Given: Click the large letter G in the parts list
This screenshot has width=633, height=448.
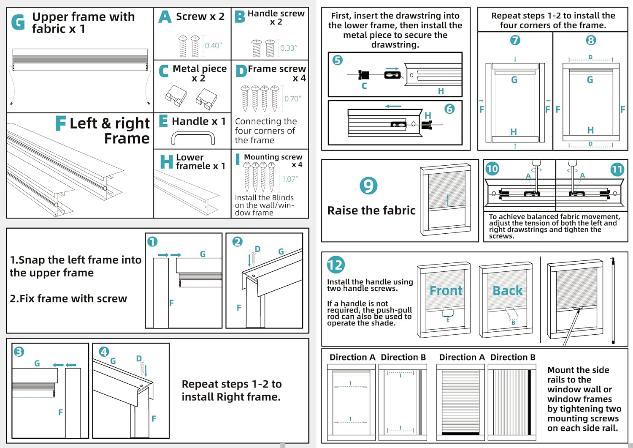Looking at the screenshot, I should tap(18, 22).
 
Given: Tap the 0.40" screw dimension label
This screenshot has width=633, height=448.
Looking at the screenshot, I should tap(213, 46).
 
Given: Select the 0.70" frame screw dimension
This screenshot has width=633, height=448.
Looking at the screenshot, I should tap(292, 99).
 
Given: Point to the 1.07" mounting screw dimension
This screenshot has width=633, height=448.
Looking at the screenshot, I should tap(290, 179).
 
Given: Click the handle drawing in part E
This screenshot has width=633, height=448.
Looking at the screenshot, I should tap(193, 138).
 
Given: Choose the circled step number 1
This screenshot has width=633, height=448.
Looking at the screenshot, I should tap(152, 242).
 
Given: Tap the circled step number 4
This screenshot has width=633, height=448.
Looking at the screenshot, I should tap(104, 352).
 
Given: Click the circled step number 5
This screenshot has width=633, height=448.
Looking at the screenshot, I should tap(338, 60).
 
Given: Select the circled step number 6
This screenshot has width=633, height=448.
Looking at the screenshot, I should tap(449, 109).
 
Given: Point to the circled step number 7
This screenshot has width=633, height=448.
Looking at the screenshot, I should tap(515, 40).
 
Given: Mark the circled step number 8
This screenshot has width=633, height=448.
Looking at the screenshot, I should tap(591, 40).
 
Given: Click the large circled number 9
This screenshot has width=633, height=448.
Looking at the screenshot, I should tap(368, 186).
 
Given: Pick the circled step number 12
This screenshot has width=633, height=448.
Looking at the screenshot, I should tap(336, 265).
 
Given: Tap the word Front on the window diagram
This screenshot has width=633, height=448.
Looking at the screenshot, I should tap(446, 291).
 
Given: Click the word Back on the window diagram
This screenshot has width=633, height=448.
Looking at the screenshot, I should tap(507, 291).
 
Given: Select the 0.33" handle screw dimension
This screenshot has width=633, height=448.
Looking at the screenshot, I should tap(289, 48).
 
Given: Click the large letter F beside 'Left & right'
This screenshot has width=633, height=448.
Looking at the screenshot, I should tap(61, 123).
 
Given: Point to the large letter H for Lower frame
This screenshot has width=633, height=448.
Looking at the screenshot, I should tap(166, 162).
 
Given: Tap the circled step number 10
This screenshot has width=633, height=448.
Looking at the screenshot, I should tap(492, 169).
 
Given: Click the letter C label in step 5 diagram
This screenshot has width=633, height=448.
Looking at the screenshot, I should tap(364, 86).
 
